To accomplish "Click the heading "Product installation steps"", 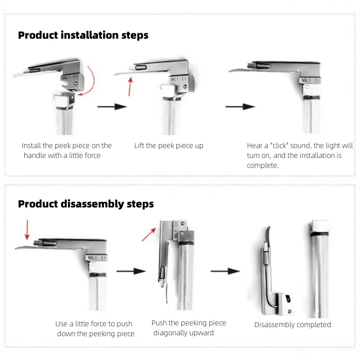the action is (x=83, y=36).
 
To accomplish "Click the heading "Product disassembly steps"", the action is (x=86, y=204).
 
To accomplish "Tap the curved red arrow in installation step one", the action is (x=91, y=81).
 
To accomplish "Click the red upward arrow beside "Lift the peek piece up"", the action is (x=130, y=86).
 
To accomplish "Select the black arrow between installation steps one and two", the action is (x=112, y=107).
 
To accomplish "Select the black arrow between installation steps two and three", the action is (x=240, y=107).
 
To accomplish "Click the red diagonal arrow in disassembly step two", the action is (x=149, y=234).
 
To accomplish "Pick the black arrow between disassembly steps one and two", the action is (x=131, y=271).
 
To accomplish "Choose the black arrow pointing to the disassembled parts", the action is (x=225, y=271).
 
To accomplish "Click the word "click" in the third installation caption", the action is (x=279, y=145).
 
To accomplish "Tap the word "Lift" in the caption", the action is (x=139, y=145).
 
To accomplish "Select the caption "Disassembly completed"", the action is (x=293, y=325).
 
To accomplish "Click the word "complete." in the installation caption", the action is (x=263, y=166).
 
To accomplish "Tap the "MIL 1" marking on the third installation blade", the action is (x=306, y=81).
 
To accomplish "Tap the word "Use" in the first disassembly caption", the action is (x=61, y=324).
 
